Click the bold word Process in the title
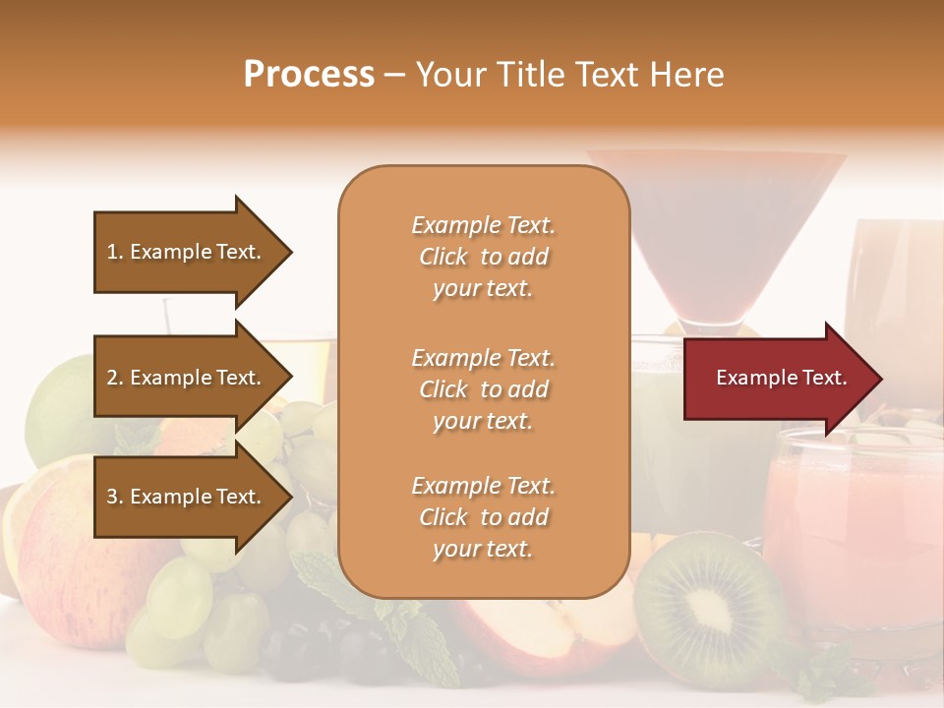tap(309, 75)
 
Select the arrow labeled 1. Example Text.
tap(187, 252)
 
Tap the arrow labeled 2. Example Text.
tap(187, 378)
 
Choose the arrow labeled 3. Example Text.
tap(187, 497)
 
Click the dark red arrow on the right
tap(777, 379)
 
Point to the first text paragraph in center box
tap(483, 257)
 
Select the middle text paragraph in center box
tap(483, 389)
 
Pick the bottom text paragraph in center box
tap(483, 517)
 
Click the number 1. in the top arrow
tap(115, 252)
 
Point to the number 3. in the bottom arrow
tap(115, 497)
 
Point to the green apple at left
tap(59, 403)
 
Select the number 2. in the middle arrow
tap(115, 378)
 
